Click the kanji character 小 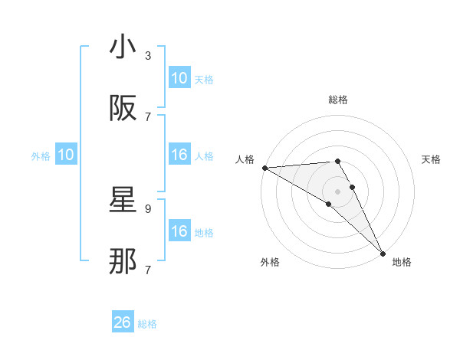coord(123,47)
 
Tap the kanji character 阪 coord(123,109)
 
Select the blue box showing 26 coord(123,323)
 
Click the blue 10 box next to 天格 coord(179,78)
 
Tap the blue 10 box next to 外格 coord(66,155)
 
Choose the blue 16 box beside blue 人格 coord(179,155)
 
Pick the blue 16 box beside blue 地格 coord(179,231)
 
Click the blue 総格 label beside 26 coord(147,324)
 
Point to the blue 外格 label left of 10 coord(41,155)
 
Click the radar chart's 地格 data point coord(382,252)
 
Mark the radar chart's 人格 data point coord(264,168)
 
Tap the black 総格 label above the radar coord(338,100)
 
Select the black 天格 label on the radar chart coord(431,159)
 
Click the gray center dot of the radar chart coord(338,191)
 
